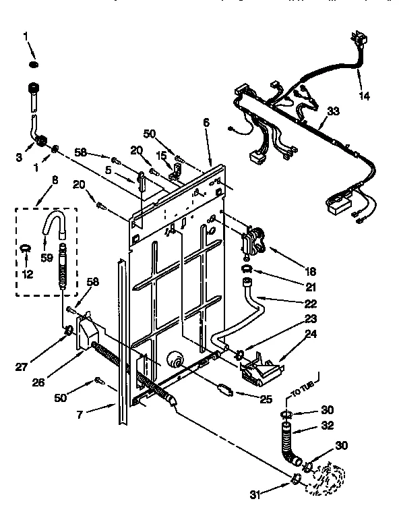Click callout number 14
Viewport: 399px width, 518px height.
(364, 96)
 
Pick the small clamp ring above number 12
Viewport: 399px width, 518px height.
(26, 248)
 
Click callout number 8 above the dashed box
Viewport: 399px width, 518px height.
(55, 180)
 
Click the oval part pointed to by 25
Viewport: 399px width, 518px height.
(225, 390)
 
